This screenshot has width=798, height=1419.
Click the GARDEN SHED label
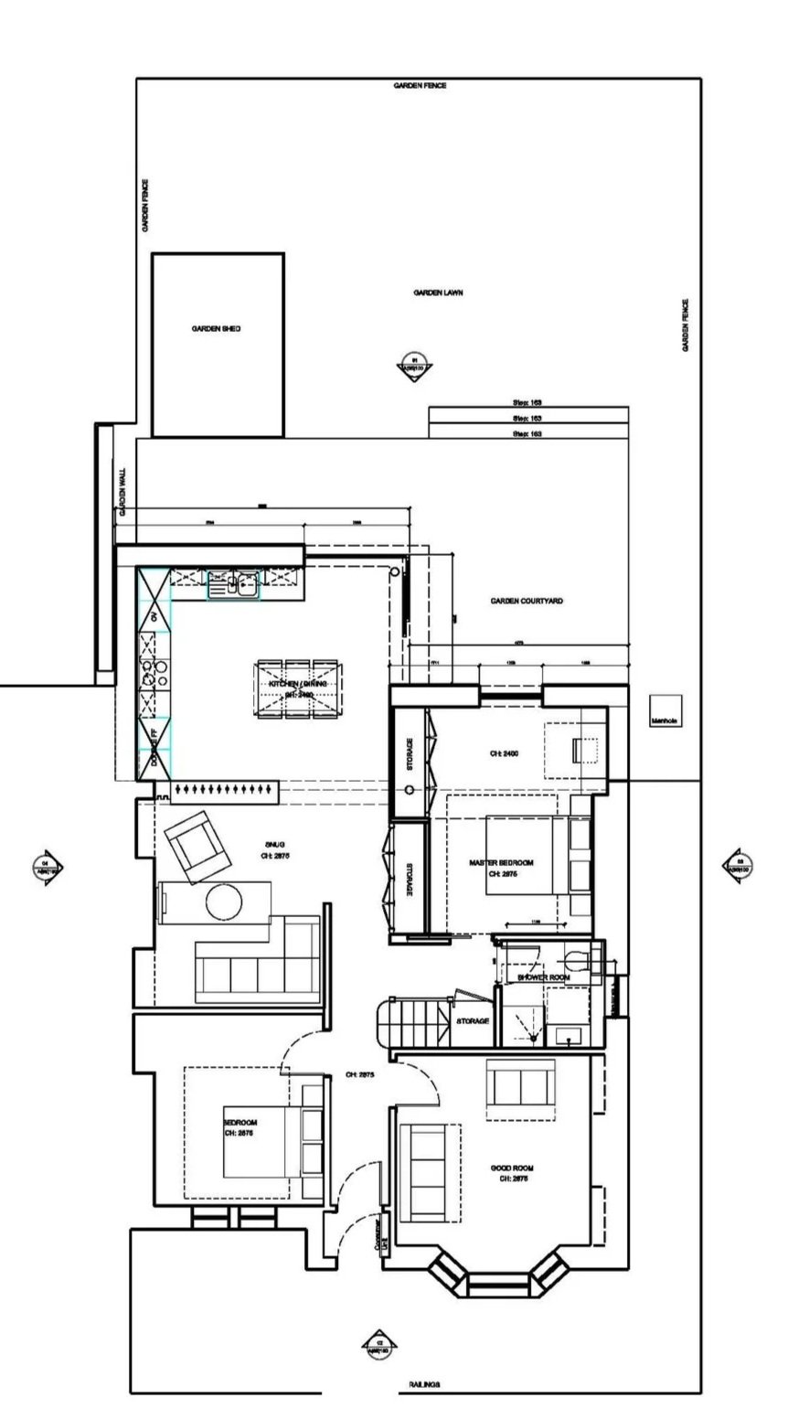click(216, 329)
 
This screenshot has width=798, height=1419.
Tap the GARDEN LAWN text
click(438, 293)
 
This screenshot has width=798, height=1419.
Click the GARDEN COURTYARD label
click(527, 601)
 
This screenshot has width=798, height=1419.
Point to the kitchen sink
click(233, 582)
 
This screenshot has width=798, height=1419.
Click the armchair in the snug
click(197, 848)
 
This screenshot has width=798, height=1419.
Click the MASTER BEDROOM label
click(501, 862)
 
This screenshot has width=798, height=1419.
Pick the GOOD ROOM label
click(512, 1168)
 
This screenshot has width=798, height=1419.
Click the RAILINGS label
click(424, 1385)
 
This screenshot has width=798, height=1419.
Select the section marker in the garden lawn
click(415, 366)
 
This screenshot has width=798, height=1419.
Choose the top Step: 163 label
click(527, 402)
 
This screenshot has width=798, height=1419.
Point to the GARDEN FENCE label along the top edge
click(420, 85)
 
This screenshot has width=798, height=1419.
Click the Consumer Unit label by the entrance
click(374, 1235)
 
